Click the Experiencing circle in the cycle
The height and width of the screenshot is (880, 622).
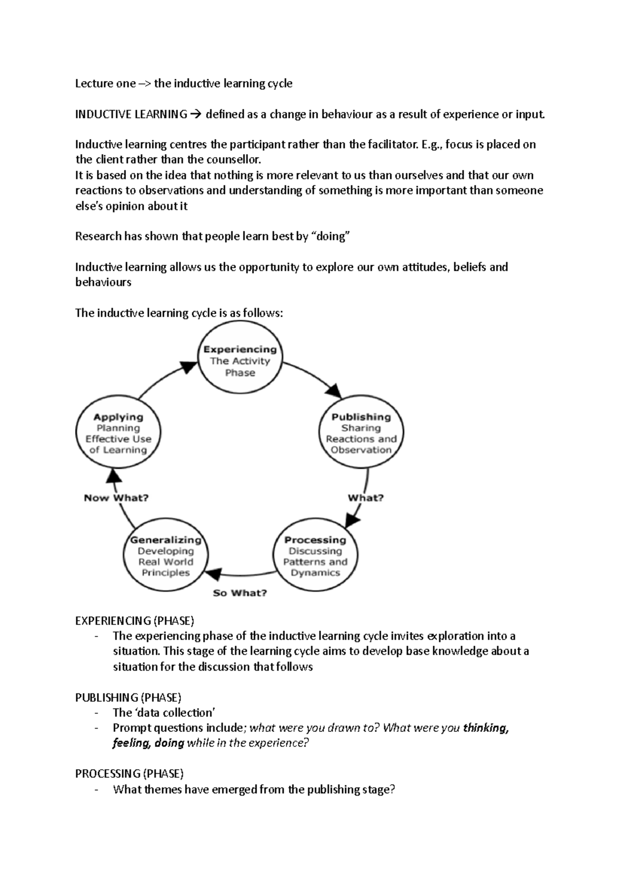click(x=240, y=361)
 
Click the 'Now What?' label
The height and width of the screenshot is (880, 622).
click(x=116, y=498)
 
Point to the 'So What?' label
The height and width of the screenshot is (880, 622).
click(x=240, y=592)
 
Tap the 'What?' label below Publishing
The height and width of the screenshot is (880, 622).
click(x=365, y=498)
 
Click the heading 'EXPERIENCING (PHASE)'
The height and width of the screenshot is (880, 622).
click(x=134, y=620)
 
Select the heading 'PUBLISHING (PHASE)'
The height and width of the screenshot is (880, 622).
click(x=128, y=697)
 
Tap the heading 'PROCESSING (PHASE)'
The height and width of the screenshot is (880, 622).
click(x=129, y=774)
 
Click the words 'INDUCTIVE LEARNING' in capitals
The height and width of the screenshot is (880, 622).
click(x=131, y=114)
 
